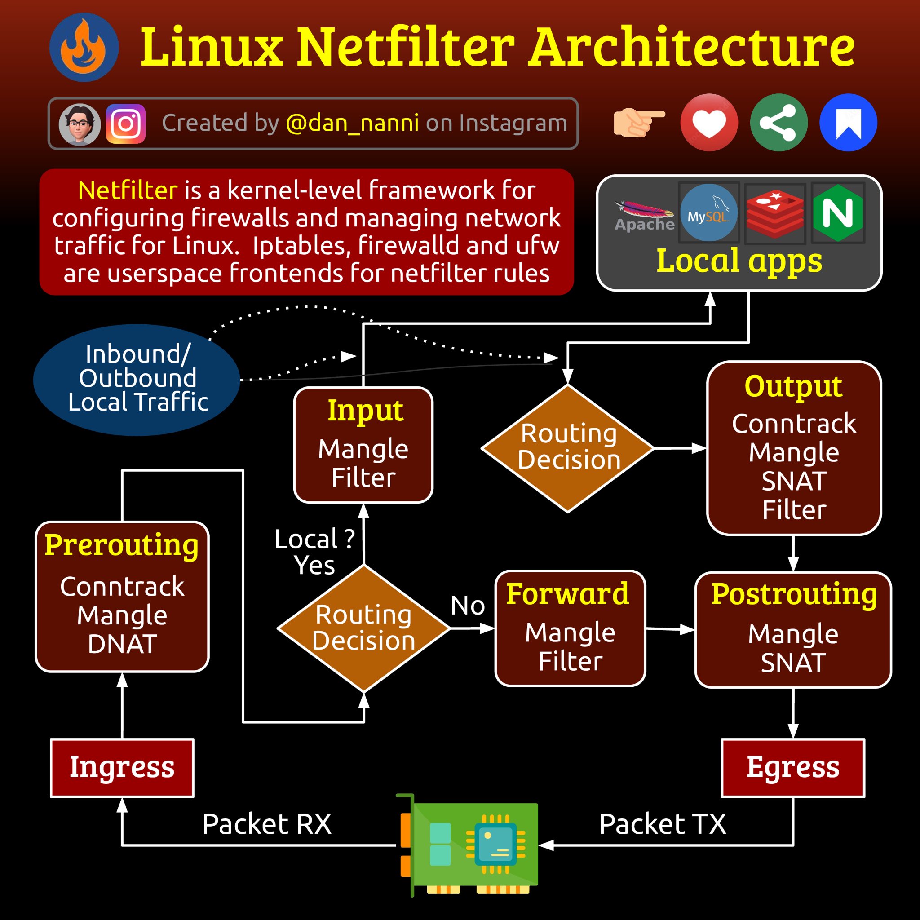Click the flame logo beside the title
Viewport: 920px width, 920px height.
coord(84,47)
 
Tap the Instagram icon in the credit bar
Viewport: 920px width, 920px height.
coord(125,124)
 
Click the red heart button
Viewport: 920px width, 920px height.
coord(709,122)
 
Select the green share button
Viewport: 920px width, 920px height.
coord(778,122)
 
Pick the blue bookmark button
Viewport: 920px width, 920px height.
coord(848,122)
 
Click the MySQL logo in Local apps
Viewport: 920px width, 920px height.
coord(708,212)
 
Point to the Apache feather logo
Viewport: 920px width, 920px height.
coord(644,210)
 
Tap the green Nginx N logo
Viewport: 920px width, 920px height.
coord(838,212)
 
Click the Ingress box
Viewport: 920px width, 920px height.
coord(122,768)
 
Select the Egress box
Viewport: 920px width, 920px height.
coord(793,768)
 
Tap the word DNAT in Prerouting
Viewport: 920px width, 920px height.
coord(122,644)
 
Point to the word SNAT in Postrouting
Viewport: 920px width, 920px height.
coord(793,663)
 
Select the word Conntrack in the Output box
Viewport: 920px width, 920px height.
coord(794,423)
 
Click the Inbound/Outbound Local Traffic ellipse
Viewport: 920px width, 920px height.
coord(137,380)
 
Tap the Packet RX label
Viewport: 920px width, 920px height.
coord(267,824)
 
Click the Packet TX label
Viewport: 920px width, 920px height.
coord(663,824)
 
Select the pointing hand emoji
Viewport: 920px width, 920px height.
coord(638,122)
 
